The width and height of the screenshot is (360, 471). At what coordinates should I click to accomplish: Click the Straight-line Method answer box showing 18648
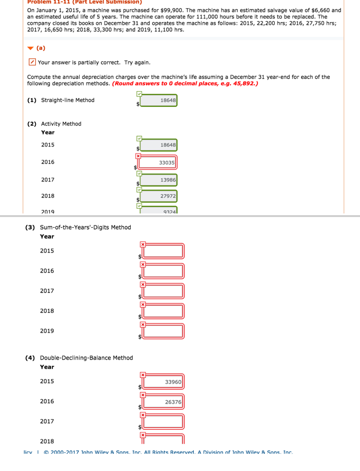pos(158,100)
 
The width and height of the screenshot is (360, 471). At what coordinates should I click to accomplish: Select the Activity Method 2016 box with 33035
pos(158,162)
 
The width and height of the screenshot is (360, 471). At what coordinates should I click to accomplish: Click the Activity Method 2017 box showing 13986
pos(158,180)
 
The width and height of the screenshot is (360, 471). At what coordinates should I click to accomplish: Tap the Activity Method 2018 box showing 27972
pos(158,196)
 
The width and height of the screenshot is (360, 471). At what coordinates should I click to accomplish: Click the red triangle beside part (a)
pos(30,48)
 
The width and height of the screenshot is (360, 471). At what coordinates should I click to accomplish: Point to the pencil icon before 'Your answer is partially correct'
pos(31,62)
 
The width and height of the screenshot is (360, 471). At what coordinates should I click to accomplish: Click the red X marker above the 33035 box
pos(137,156)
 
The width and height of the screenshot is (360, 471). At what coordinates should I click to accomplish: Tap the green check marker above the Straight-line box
pos(139,94)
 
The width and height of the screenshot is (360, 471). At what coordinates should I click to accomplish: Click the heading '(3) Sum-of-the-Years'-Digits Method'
pos(78,227)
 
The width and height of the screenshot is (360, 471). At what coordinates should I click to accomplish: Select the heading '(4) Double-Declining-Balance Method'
pos(79,358)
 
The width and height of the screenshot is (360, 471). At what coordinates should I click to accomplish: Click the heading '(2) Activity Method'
pos(54,124)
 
